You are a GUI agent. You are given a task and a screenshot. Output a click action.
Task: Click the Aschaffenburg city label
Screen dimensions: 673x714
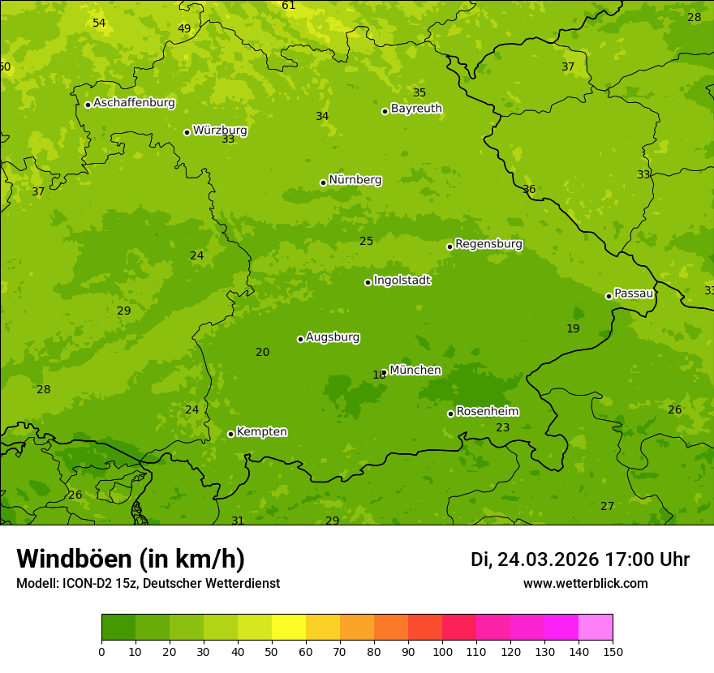(x=134, y=103)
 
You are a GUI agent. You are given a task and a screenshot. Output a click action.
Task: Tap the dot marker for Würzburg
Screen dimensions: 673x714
(x=187, y=132)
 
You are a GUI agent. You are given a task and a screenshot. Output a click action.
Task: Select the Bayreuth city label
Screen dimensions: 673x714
(x=416, y=109)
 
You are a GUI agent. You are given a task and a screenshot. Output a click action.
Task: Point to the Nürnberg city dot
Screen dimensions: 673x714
(x=323, y=182)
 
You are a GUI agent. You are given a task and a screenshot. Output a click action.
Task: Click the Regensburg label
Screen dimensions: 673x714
(x=488, y=244)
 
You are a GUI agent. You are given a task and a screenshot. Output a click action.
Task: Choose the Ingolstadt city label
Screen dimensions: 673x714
(x=402, y=281)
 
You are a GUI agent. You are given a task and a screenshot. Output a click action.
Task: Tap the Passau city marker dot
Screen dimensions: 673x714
(x=609, y=296)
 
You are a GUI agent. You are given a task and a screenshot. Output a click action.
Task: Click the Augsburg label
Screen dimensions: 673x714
(x=333, y=337)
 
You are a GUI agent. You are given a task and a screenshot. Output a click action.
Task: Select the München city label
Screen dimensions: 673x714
(x=415, y=371)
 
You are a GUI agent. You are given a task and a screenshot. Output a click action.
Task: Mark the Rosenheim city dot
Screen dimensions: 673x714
(x=450, y=414)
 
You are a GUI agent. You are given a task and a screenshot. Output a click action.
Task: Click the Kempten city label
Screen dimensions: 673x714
(x=261, y=432)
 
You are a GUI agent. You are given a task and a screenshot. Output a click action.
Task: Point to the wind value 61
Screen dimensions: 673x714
(x=289, y=6)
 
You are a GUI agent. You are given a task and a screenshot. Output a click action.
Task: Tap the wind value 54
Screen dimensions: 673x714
(x=99, y=23)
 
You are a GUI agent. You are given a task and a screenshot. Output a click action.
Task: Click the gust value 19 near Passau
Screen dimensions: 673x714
(x=573, y=328)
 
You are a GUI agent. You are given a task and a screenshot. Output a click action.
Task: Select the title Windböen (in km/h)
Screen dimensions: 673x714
(x=131, y=559)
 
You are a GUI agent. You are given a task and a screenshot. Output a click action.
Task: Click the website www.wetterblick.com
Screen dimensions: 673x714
(x=585, y=584)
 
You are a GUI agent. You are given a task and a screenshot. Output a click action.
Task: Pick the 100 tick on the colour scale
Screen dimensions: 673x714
(x=442, y=651)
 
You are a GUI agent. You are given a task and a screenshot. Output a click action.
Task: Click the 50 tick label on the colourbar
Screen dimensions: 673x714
(x=272, y=651)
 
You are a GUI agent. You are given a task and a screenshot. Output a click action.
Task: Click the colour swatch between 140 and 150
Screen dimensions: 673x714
(x=596, y=628)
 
